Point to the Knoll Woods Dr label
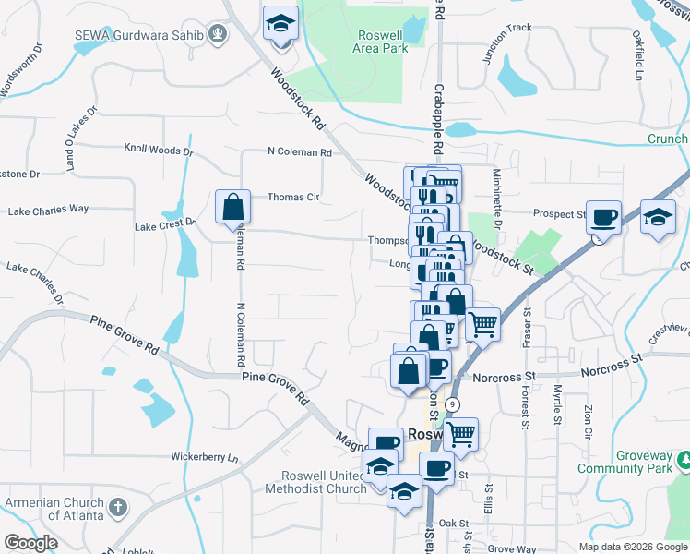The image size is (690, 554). click(159, 150)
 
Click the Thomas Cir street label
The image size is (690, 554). click(293, 197)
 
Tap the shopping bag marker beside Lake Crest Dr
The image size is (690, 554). click(232, 207)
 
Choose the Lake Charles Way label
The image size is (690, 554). click(48, 211)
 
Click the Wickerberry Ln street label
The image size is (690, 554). click(204, 457)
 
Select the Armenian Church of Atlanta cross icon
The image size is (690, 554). click(117, 507)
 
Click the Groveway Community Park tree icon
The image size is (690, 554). click(684, 459)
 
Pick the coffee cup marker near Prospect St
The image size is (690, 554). click(603, 217)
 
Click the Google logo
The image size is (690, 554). click(31, 543)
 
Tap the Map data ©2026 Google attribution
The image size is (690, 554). click(632, 547)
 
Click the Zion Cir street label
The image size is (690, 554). click(586, 420)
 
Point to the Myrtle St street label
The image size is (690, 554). click(556, 407)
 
